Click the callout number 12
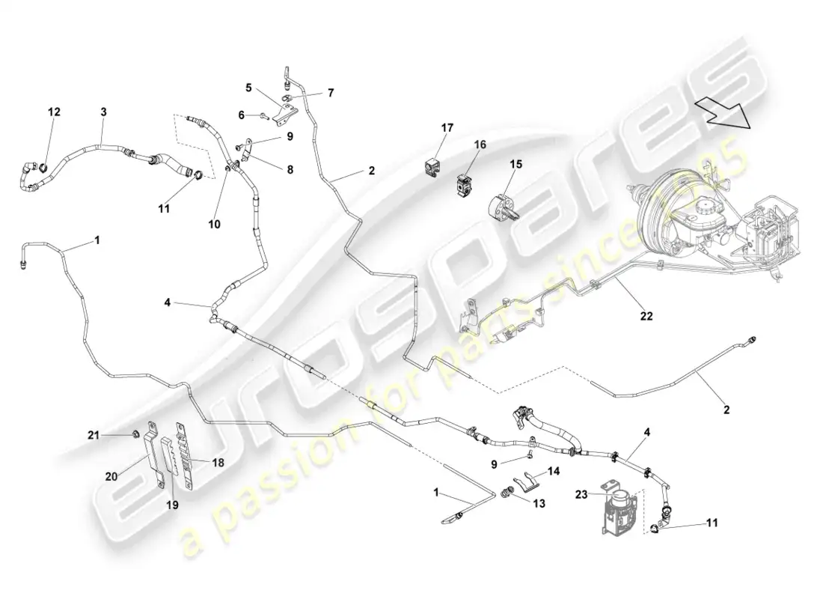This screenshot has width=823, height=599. pos(54,112)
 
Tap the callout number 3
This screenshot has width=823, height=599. pos(104,112)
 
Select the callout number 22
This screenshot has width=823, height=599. pos(646,316)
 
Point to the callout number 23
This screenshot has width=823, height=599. pos(581,494)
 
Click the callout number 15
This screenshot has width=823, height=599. pos(516,165)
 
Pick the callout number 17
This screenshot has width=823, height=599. pos(447,128)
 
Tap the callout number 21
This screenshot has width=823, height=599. pos(94,434)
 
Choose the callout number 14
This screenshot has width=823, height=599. pos(554,471)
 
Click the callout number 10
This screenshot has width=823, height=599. pos(214,225)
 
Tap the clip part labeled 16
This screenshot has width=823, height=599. pos(462,186)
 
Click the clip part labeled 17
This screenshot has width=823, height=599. pos(432,167)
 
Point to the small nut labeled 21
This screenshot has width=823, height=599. pos(135,434)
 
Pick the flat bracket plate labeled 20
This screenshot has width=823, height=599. pos(152,447)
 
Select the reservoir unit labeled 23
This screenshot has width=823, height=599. pos(619,508)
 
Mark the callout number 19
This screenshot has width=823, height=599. pos(172,505)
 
